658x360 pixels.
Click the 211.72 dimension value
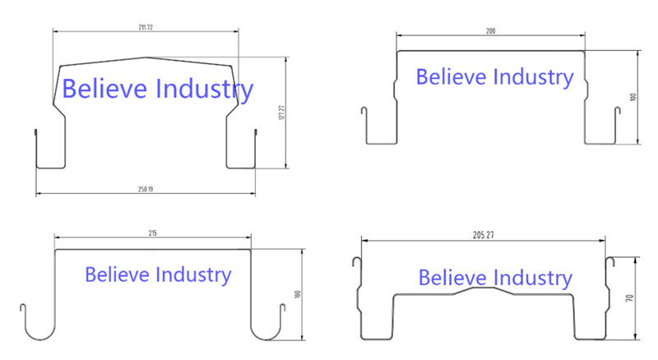coord(146,27)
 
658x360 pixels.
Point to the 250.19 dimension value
coord(146,189)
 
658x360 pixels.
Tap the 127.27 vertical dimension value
coord(281,113)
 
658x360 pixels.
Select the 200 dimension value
coord(490,31)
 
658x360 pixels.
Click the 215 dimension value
coord(153,233)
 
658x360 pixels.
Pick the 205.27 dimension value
coord(484,235)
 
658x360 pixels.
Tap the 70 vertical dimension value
coord(629,298)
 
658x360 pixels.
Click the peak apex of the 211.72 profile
coord(146,57)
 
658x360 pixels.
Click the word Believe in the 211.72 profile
coord(105,89)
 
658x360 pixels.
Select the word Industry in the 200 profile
coord(533,78)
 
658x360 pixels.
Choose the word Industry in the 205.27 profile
coord(532,279)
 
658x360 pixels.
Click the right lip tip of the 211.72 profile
coord(256,132)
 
